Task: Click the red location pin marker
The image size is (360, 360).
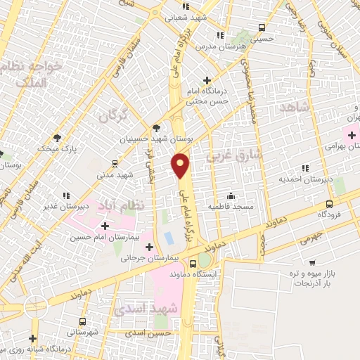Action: tap(181, 165)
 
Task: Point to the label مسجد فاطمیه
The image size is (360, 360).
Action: tap(229, 206)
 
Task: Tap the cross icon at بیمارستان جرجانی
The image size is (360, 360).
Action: tap(149, 247)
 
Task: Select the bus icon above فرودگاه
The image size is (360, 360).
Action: tap(328, 202)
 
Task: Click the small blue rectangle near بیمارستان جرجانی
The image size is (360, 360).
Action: tap(169, 237)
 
